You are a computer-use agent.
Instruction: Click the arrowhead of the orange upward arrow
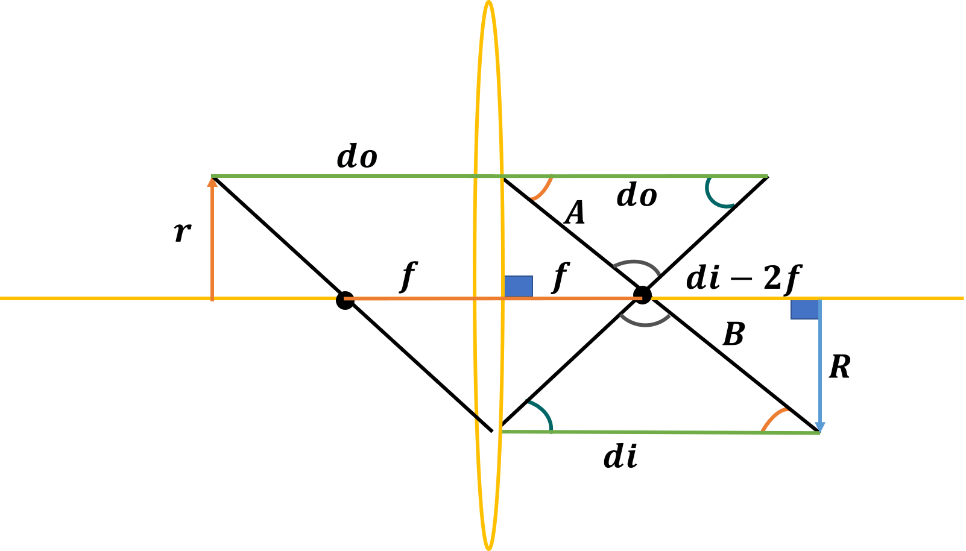[x=212, y=181]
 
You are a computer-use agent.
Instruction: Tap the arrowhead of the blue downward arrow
[x=819, y=427]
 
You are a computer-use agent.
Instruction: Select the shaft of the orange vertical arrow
[x=212, y=241]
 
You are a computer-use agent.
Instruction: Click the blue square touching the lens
[x=519, y=286]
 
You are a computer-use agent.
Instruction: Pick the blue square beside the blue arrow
[x=805, y=309]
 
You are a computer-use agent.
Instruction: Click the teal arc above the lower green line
[x=543, y=413]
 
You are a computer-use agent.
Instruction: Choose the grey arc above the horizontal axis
[x=636, y=263]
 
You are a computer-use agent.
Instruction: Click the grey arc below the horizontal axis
[x=645, y=323]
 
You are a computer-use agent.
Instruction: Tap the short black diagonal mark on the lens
[x=484, y=423]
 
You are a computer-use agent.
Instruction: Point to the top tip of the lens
[x=488, y=3]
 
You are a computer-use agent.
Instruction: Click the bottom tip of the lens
[x=488, y=547]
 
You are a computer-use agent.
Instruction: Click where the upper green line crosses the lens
[x=488, y=176]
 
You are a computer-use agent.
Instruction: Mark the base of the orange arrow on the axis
[x=212, y=298]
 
